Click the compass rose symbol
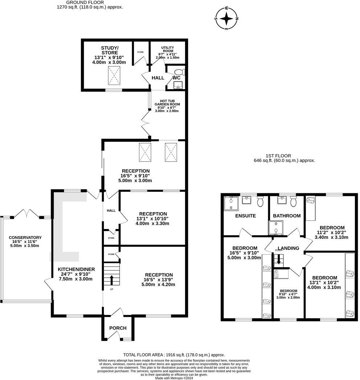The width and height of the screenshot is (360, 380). tap(226, 18)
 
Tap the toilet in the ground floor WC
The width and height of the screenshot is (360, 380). tap(180, 72)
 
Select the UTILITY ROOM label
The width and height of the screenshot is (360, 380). tap(168, 49)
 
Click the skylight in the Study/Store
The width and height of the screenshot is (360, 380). tap(114, 75)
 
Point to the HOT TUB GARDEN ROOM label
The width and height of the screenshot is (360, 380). tap(167, 103)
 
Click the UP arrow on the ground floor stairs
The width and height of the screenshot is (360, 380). tap(111, 280)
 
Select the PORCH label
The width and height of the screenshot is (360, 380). tap(118, 328)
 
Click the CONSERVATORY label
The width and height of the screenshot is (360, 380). tap(25, 237)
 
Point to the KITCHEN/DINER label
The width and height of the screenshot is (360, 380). tap(76, 269)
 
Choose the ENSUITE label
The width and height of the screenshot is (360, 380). tap(245, 216)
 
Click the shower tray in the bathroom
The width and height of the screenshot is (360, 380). tap(276, 228)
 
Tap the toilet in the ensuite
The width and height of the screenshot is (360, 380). tap(260, 202)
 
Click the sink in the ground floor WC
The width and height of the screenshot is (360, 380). tap(178, 85)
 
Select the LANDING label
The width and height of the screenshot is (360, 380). tap(289, 248)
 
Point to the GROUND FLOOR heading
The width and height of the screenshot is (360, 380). tap(85, 3)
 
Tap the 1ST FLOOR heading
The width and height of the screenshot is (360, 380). tap(278, 156)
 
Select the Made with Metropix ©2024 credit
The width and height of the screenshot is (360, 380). tap(174, 378)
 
